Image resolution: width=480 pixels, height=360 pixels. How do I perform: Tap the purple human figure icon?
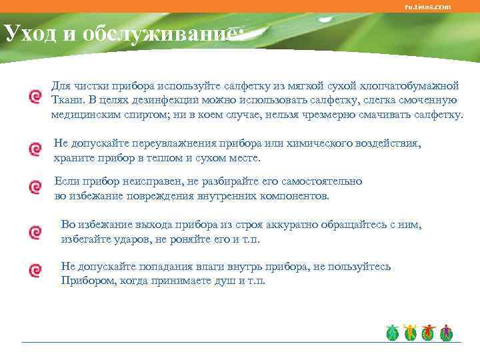(x=447, y=332)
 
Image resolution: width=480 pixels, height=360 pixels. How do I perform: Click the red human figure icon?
(x=428, y=332)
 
